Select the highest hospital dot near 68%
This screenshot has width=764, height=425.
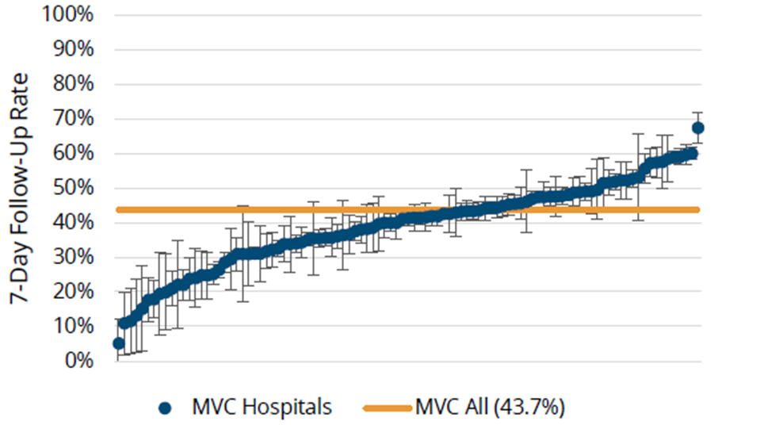coord(698,128)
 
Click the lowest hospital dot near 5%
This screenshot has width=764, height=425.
coord(119,343)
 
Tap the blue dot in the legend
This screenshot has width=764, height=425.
coord(165,408)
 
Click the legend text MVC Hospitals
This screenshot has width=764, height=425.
coord(262,408)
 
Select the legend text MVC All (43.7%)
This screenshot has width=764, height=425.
coord(489,408)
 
